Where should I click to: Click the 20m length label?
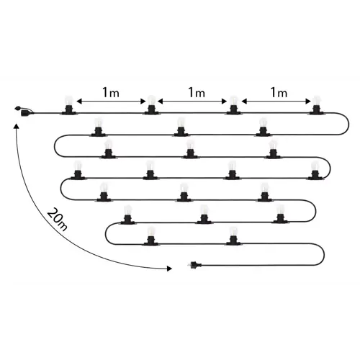point(57,220)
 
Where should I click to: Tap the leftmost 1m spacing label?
point(111,92)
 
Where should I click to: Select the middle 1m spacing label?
point(197,92)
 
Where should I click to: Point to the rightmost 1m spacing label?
point(279,92)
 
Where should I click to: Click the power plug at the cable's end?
point(194,265)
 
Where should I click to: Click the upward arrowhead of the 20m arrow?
point(17,127)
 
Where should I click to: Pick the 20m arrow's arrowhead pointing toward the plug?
point(169,269)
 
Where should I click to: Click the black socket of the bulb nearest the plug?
point(233,240)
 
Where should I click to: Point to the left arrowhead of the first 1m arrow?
point(79,102)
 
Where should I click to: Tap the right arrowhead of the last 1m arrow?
point(308,102)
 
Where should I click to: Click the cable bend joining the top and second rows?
point(348,124)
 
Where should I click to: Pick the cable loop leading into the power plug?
point(324,254)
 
